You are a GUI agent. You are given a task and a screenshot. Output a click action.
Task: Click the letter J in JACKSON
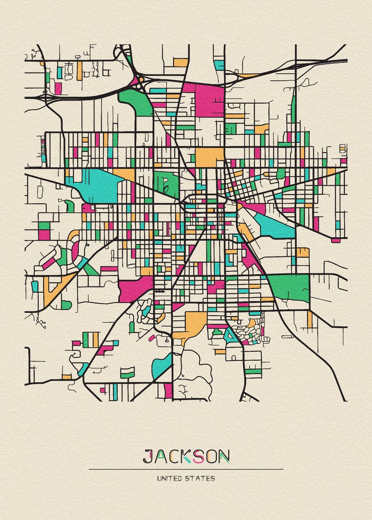[x=148, y=456]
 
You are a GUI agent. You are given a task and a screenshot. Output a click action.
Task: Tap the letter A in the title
[x=161, y=456]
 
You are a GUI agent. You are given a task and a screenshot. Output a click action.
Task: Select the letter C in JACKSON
[x=174, y=456]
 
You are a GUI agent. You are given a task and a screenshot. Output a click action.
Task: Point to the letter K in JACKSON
[x=187, y=456]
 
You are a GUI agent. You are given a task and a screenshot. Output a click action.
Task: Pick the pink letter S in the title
[x=199, y=456]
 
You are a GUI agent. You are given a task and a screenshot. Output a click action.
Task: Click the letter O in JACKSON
[x=211, y=456]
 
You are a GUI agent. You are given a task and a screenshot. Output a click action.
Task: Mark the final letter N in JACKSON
[x=224, y=456]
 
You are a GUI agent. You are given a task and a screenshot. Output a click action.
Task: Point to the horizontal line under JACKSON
[x=186, y=469]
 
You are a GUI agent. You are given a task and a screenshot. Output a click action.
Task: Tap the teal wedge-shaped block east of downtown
[x=273, y=224]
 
